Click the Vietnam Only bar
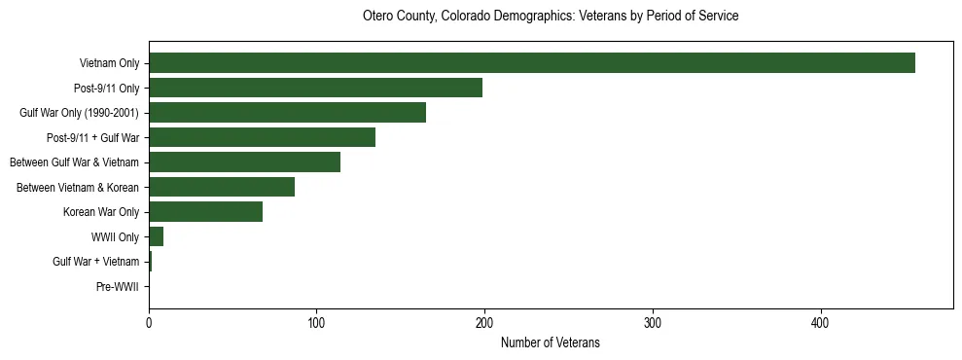tap(531, 63)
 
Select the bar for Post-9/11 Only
tap(315, 88)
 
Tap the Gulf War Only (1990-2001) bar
tap(287, 113)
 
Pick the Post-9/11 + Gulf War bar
tap(262, 137)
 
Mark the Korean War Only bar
tap(205, 212)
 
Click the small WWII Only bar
tap(156, 236)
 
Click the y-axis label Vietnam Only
tap(109, 63)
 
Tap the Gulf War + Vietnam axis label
tap(96, 262)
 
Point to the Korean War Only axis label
tap(101, 212)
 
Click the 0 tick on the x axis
tap(149, 323)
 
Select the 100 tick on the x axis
tap(316, 323)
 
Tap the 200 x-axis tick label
tap(484, 323)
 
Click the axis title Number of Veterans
tap(550, 342)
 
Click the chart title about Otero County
tap(550, 17)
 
